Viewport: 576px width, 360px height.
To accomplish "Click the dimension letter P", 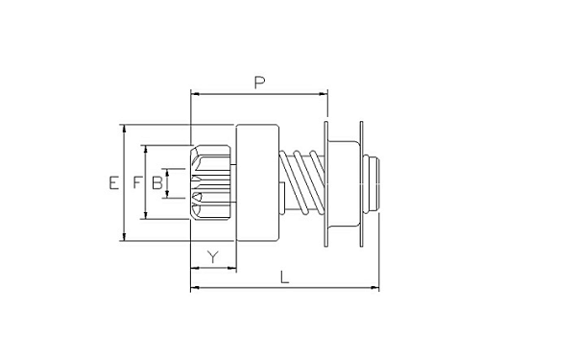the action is click(x=259, y=83).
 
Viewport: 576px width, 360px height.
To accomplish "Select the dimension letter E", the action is click(x=114, y=182).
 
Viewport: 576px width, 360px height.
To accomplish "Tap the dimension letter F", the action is click(x=137, y=182).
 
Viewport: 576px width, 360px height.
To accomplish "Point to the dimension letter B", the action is click(x=156, y=182).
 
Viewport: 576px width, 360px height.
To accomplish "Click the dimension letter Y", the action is click(x=213, y=257).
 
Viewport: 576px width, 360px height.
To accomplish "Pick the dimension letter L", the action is click(x=285, y=277).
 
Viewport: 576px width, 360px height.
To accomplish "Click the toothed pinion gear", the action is click(x=211, y=182).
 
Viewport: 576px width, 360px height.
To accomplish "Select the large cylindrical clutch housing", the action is click(x=257, y=182).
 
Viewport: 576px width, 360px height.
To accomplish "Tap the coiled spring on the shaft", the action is click(x=302, y=182).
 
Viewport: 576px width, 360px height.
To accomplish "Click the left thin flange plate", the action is click(x=325, y=183).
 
